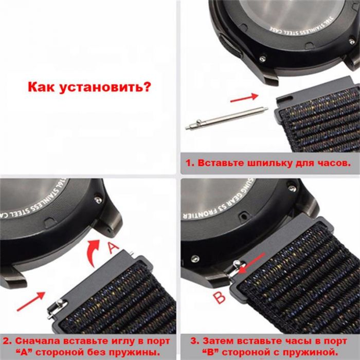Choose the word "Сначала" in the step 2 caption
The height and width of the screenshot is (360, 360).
tap(33, 340)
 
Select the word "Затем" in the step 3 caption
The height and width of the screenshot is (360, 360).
tap(214, 340)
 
